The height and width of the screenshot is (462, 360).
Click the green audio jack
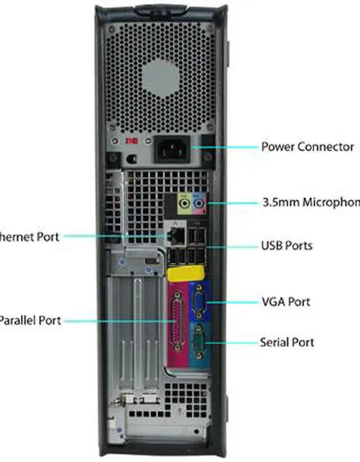click(x=184, y=201)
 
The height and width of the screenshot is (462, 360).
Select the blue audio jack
click(x=198, y=201)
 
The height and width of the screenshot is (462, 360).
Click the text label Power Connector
click(x=307, y=147)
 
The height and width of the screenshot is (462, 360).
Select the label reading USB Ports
click(x=294, y=246)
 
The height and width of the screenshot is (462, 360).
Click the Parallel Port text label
click(x=29, y=321)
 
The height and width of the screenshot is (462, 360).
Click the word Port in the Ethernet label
click(x=48, y=237)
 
